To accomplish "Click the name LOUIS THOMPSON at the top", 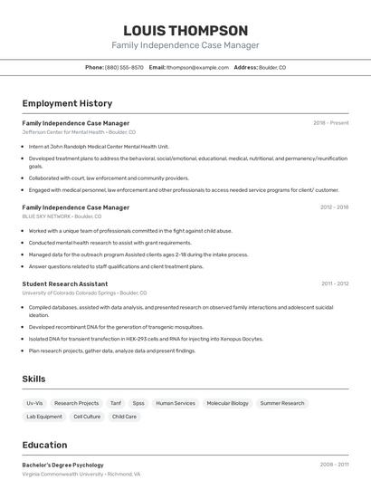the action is point(185,30).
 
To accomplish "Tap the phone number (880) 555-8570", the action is point(124,67).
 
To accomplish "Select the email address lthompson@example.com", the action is point(197,67).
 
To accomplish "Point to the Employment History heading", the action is point(67,103).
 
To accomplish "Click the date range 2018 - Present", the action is point(330,122).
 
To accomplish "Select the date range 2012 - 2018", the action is point(334,206).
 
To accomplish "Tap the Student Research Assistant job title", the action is point(65,283).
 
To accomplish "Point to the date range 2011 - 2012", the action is point(334,283).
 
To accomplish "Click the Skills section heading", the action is point(34,379).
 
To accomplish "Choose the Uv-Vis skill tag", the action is point(34,403).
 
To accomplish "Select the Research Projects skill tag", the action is point(76,403).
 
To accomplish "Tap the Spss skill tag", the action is point(138,403).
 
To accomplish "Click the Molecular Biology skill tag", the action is point(227,403).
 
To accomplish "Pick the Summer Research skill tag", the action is point(282,403).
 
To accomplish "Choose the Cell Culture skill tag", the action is point(87,417).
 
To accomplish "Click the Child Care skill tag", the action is point(125,417).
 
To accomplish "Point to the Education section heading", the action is point(44,445).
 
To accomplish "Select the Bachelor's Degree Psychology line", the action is point(62,465).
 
